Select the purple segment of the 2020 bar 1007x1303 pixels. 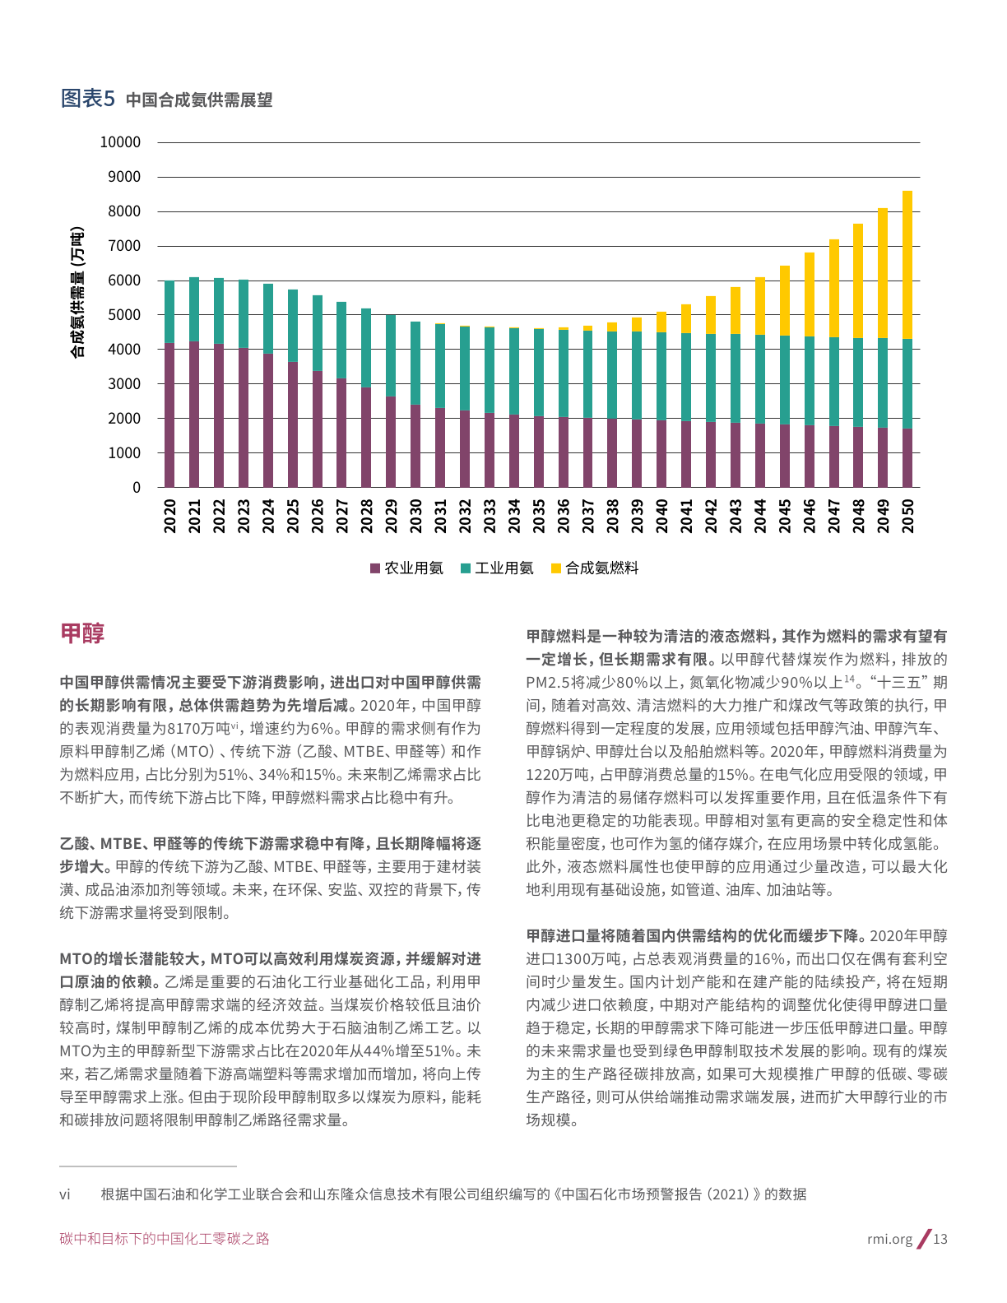coord(169,415)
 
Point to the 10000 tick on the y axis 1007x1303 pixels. coord(120,142)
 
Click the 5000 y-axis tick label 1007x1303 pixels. coord(124,315)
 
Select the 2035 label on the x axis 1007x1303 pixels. coord(539,516)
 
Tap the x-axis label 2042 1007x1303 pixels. coord(711,516)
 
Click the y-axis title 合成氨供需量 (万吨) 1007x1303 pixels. coord(77,292)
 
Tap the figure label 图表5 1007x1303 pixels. coord(88,99)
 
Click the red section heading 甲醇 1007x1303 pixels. coord(82,633)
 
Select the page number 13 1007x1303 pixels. coord(940,1239)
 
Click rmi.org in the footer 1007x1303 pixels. coord(889,1239)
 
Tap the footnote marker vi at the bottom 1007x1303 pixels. coord(65,1194)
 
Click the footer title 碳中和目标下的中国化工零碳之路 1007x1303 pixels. coord(165,1239)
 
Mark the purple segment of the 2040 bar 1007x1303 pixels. coord(661,454)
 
